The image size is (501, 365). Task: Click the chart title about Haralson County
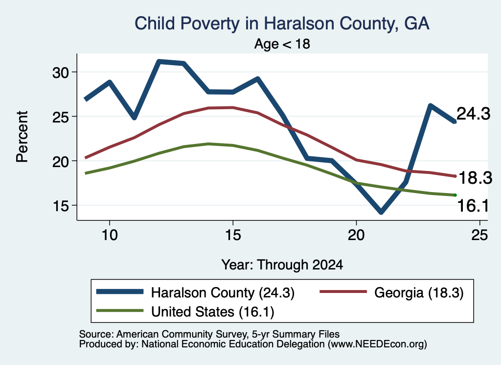[x=282, y=24]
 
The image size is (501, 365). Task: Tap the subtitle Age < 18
[x=282, y=44]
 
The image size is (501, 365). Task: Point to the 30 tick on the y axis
[x=61, y=73]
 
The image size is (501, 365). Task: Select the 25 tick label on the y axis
[x=61, y=117]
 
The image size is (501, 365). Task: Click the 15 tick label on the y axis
[x=61, y=206]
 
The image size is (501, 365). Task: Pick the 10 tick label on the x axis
[x=110, y=235]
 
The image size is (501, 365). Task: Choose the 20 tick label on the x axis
[x=356, y=235]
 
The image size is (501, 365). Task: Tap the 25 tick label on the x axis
[x=479, y=235]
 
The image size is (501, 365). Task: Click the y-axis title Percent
[x=23, y=137]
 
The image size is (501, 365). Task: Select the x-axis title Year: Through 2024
[x=282, y=265]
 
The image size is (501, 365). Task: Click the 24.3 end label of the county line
[x=474, y=114]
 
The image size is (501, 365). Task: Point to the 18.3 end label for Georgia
[x=475, y=178]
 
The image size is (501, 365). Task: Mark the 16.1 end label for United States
[x=473, y=205]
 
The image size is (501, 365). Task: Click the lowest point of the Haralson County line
[x=381, y=212]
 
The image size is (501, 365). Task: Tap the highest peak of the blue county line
[x=159, y=61]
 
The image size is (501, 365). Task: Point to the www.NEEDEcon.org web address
[x=377, y=344]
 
